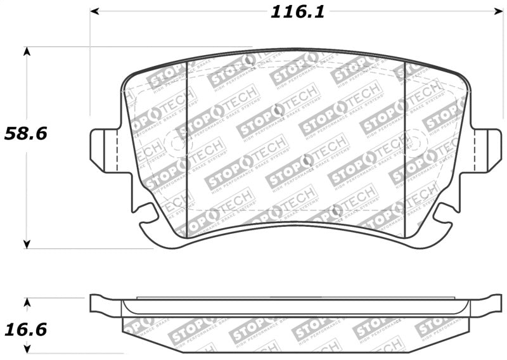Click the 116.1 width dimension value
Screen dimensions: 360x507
297,12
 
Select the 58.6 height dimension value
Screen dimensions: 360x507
26,134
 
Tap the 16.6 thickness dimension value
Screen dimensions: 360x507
26,330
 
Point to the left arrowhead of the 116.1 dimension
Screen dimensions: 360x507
94,11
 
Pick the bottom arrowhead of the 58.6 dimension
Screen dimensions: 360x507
27,244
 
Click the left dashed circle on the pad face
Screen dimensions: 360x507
175,143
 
